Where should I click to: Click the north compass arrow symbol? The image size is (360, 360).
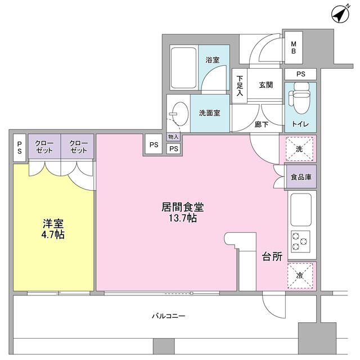[340, 14]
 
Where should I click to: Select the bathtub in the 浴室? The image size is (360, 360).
[184, 67]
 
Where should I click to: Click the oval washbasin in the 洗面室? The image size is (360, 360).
[180, 114]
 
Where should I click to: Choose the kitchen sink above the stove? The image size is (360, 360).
[301, 210]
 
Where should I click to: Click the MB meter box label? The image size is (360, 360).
[294, 47]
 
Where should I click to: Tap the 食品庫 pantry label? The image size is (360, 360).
[301, 177]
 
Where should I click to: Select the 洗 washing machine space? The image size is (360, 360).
[299, 148]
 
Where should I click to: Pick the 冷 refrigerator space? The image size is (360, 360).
[300, 275]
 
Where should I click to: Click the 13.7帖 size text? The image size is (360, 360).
[183, 218]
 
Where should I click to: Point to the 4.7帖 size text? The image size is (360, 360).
[53, 235]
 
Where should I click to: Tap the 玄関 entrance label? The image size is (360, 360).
[266, 85]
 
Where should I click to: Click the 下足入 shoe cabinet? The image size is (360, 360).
[240, 86]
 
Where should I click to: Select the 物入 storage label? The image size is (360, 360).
[173, 137]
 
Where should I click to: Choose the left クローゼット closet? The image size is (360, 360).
[44, 146]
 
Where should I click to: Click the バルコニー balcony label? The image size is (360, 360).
[169, 316]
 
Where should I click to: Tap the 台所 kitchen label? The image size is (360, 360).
[272, 256]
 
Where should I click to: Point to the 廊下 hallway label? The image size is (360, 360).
[261, 124]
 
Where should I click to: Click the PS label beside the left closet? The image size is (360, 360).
[20, 147]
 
